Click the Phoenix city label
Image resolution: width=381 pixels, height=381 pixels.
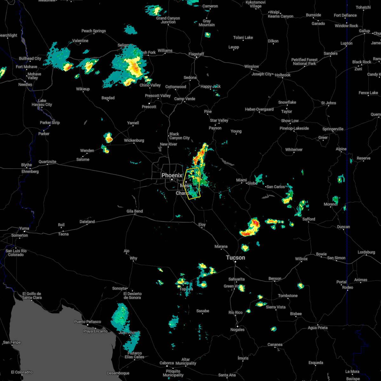tap(172, 175)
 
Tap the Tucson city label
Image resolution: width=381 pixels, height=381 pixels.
tap(236, 257)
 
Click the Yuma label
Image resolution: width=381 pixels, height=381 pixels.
tap(24, 228)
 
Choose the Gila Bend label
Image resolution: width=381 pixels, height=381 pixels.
tap(135, 211)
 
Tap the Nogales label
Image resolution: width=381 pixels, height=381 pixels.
tap(237, 329)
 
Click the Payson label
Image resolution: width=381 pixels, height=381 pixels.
tap(215, 128)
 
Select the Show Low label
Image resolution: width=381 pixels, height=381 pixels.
tap(290, 121)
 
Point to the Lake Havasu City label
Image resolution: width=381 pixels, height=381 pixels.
tap(42, 103)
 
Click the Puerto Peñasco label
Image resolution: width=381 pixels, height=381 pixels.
tap(88, 322)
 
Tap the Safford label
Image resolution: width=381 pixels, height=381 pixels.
tap(309, 219)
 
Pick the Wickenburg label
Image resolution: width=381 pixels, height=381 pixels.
tap(134, 140)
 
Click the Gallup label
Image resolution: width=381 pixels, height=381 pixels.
tap(364, 31)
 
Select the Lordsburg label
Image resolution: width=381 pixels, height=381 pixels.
tap(366, 252)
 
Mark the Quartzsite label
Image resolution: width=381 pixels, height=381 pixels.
tap(47, 162)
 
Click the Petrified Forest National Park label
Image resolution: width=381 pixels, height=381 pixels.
tap(304, 62)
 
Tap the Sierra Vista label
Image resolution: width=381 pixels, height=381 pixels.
tap(276, 307)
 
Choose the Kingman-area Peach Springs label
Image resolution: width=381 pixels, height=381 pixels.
tap(94, 31)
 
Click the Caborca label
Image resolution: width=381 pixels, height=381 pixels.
tap(167, 363)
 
